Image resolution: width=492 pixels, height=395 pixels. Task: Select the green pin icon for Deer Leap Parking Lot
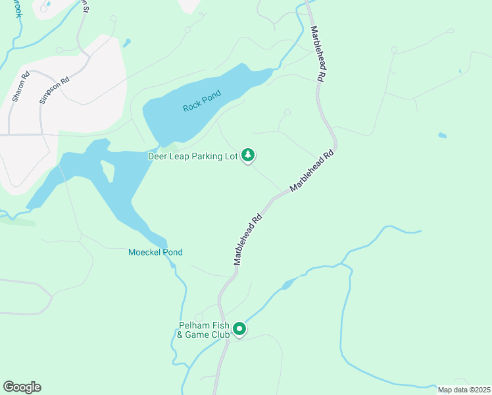[x=248, y=155]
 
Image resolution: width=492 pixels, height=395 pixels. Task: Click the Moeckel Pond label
[x=155, y=252]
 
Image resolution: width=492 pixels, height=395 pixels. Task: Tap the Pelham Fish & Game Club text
[x=204, y=330]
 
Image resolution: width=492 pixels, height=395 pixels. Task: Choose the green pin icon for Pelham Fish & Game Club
[x=240, y=329]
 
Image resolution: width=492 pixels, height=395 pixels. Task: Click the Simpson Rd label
[x=54, y=91]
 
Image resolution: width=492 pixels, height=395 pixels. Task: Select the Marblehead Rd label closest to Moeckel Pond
[x=248, y=240]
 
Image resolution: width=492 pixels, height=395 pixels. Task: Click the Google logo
[x=22, y=387]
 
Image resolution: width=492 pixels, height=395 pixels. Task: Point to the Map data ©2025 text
[x=463, y=390]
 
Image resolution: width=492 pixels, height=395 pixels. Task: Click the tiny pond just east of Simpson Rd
[x=126, y=43]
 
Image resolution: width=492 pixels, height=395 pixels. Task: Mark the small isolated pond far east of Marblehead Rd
[x=442, y=136]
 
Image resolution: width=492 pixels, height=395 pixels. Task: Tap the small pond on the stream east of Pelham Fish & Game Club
[x=287, y=284]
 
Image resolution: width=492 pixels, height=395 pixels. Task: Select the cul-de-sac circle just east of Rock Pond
[x=287, y=112]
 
